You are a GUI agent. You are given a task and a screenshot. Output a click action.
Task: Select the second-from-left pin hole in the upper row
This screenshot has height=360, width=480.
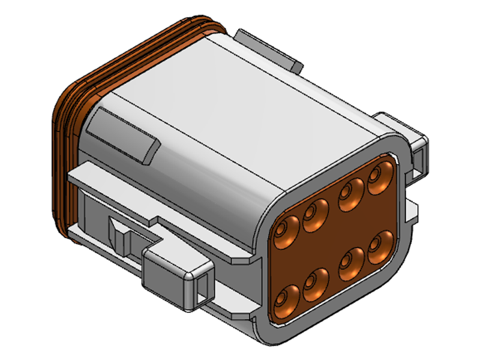315,216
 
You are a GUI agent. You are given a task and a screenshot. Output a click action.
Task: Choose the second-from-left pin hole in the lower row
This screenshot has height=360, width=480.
315,284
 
